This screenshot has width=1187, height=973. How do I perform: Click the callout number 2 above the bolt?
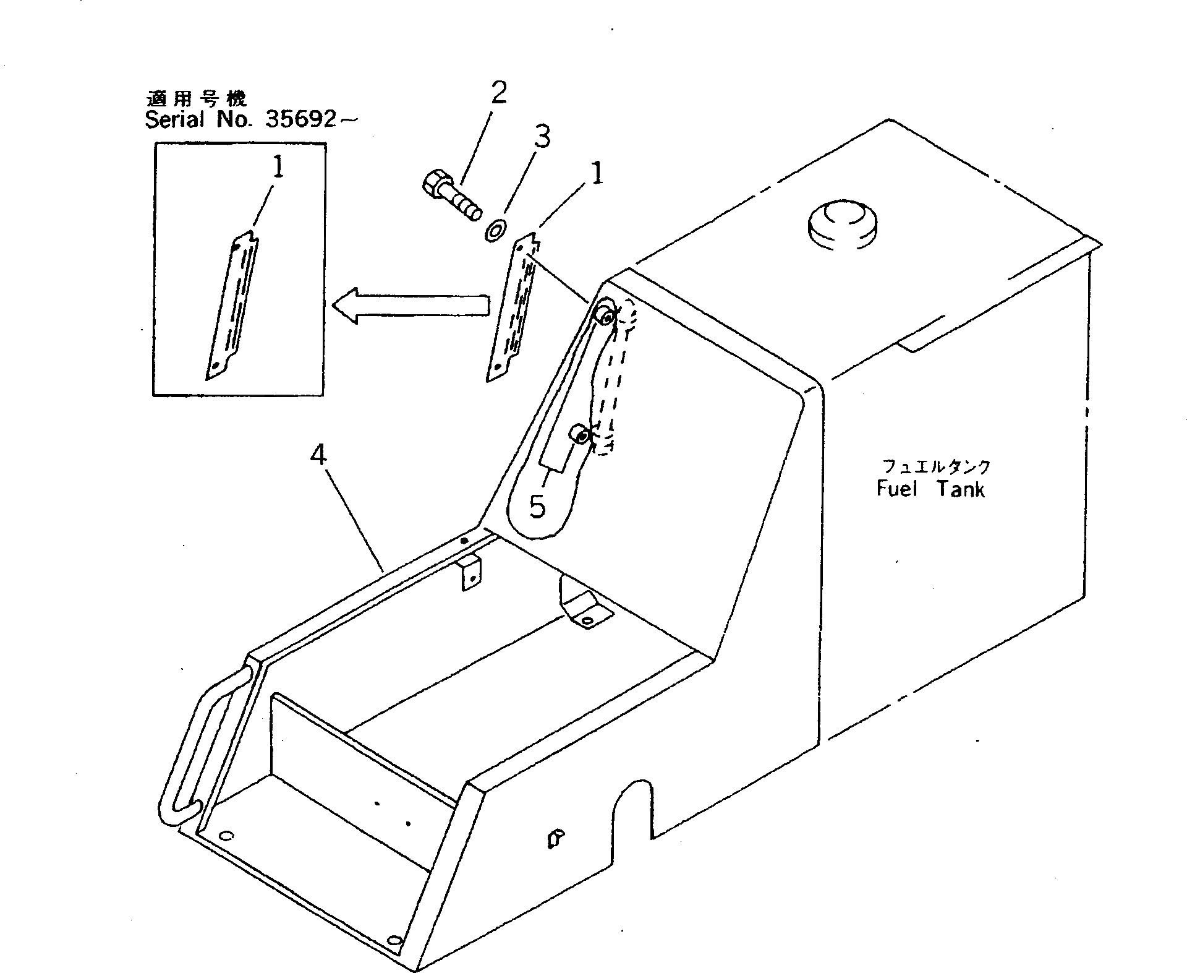498,93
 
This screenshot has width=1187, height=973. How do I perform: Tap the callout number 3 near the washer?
542,137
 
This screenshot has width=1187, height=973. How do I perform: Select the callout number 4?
318,456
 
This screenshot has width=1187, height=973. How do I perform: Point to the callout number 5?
538,507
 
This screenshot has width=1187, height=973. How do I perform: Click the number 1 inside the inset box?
279,168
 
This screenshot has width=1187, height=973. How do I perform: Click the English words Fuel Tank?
930,489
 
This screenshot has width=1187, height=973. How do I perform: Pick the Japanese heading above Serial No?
196,98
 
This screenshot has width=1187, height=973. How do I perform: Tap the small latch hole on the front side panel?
555,839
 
